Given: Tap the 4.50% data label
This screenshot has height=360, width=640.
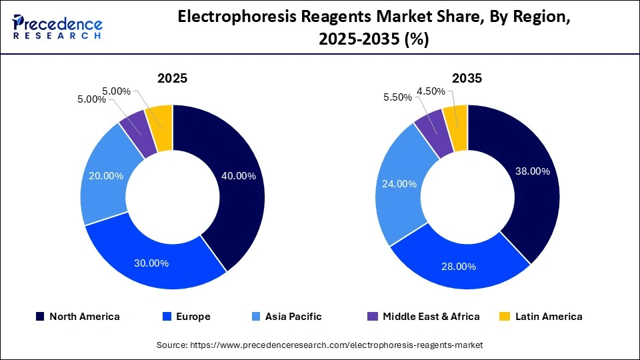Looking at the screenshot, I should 429,91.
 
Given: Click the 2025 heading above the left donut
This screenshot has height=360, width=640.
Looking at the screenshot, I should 172,78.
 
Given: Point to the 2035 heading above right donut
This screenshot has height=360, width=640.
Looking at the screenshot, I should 467,78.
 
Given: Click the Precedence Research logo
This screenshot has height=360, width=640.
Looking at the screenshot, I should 57,27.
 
